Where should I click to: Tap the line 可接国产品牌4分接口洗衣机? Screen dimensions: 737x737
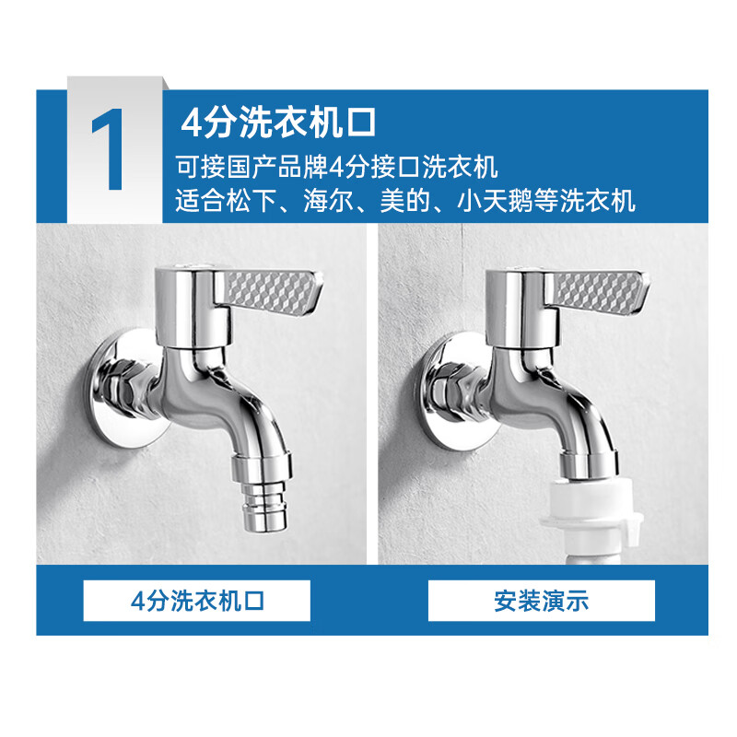[336, 168]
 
